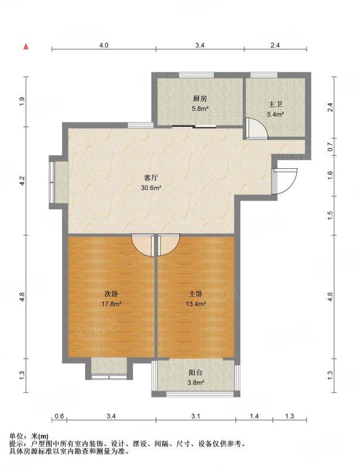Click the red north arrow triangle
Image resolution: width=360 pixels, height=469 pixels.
[x=26, y=46]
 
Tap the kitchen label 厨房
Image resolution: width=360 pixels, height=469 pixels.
[x=200, y=98]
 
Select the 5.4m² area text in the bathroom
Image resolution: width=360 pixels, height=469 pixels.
[x=276, y=114]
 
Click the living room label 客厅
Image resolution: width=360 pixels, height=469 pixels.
[x=151, y=178]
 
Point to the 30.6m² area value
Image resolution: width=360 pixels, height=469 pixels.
[x=151, y=188]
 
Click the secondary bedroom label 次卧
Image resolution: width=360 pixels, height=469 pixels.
[x=111, y=294]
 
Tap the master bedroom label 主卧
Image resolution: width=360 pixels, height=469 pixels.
[x=196, y=294]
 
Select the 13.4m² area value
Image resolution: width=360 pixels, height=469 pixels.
[x=196, y=304]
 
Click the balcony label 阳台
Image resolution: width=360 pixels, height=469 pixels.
[x=196, y=373]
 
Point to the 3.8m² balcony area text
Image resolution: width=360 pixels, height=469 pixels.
[x=196, y=382]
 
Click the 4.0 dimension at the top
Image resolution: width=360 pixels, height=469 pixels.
[x=104, y=45]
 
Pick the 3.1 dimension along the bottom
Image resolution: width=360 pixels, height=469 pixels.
[x=195, y=416]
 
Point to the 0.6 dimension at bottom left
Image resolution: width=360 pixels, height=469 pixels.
[x=60, y=416]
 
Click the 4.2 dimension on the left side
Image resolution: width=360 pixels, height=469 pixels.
[x=22, y=181]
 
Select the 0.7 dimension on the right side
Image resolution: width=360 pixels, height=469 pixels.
[x=330, y=147]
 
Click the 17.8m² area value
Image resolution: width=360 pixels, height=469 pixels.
[x=111, y=304]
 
